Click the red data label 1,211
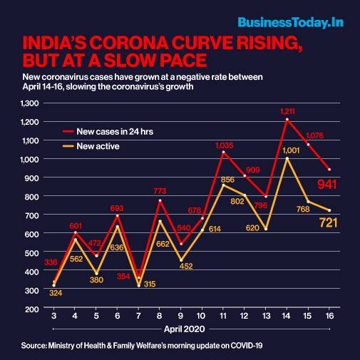point(288,111)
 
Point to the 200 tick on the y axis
point(32,309)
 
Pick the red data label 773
point(160,191)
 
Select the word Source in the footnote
point(34,346)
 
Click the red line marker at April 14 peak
point(287,120)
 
